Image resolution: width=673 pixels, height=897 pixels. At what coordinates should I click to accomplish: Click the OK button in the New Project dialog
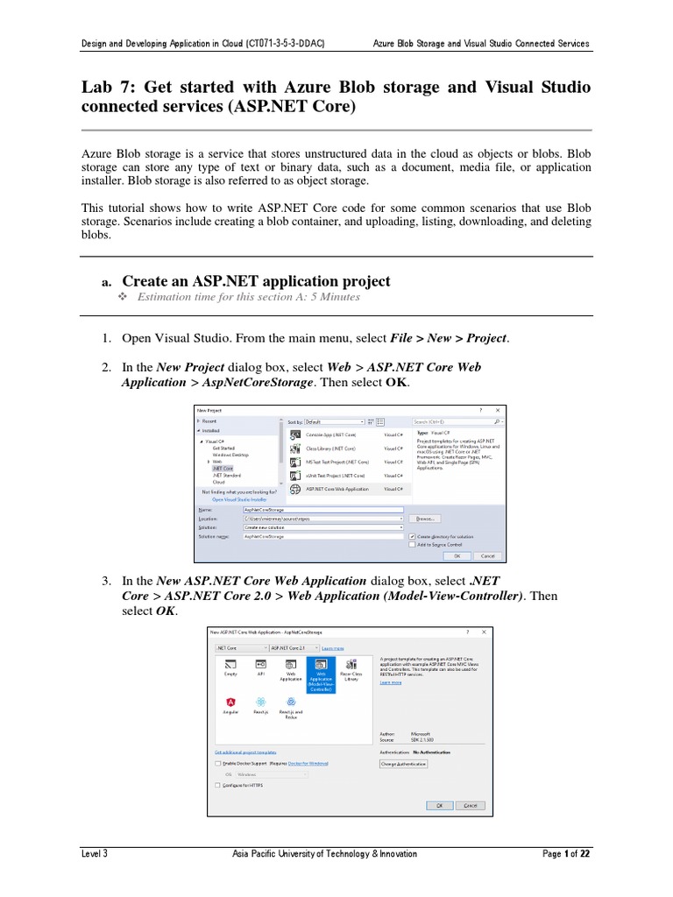coord(457,555)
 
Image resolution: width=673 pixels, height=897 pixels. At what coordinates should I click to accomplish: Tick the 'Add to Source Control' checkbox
coord(413,544)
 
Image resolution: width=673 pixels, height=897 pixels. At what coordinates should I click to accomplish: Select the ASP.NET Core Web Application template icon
coord(295,489)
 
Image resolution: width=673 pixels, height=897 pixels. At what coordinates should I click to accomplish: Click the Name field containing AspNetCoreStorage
coord(322,509)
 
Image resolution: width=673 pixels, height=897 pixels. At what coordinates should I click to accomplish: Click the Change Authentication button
coord(404,764)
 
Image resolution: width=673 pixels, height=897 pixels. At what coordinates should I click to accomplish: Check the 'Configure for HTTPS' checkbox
coord(218,786)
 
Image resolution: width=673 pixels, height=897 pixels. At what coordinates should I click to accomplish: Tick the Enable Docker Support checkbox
coord(218,763)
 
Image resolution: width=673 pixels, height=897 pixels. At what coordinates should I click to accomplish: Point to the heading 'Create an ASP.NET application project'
coord(256,281)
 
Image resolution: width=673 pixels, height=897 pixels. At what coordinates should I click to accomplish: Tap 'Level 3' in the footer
coord(94,853)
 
